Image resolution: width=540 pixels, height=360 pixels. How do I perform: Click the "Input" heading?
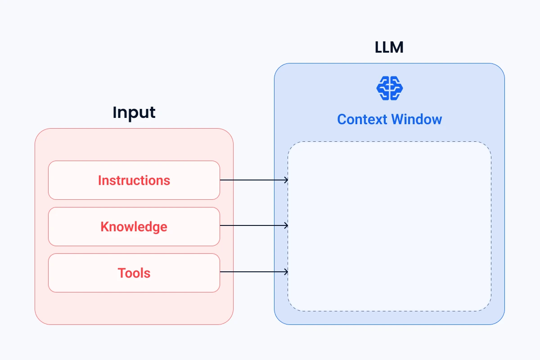(x=134, y=112)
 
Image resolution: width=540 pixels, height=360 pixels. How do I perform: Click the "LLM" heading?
(x=389, y=48)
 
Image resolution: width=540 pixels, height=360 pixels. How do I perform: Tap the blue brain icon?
(x=389, y=88)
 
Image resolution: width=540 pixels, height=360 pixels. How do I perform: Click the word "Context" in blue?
(x=362, y=119)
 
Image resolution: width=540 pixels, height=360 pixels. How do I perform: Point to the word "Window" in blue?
(x=416, y=119)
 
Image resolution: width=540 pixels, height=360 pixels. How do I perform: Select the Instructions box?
(x=134, y=180)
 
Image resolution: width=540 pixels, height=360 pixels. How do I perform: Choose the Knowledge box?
(x=134, y=227)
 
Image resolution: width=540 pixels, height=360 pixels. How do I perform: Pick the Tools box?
(x=134, y=273)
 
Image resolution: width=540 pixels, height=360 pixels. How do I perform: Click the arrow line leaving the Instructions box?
(x=252, y=180)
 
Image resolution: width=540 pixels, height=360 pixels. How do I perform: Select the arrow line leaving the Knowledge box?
(x=252, y=225)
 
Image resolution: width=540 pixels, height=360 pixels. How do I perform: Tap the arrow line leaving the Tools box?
(x=252, y=272)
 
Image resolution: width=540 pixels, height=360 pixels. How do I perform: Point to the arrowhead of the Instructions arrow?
(x=286, y=180)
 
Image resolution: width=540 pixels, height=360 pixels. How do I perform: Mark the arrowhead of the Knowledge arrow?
(x=286, y=225)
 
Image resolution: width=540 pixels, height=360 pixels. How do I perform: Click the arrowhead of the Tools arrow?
(x=286, y=272)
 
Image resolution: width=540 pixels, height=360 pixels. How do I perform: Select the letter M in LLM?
(x=397, y=48)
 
